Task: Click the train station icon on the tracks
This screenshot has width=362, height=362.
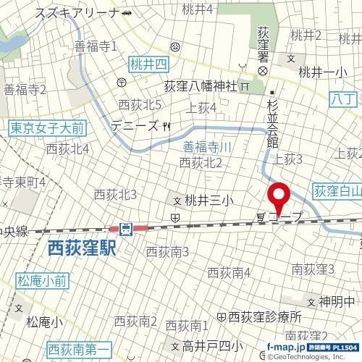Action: (127, 230)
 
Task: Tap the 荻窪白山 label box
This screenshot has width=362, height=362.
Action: (337, 191)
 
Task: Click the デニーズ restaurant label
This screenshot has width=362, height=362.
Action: (135, 125)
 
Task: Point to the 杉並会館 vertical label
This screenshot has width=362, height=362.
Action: (273, 124)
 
